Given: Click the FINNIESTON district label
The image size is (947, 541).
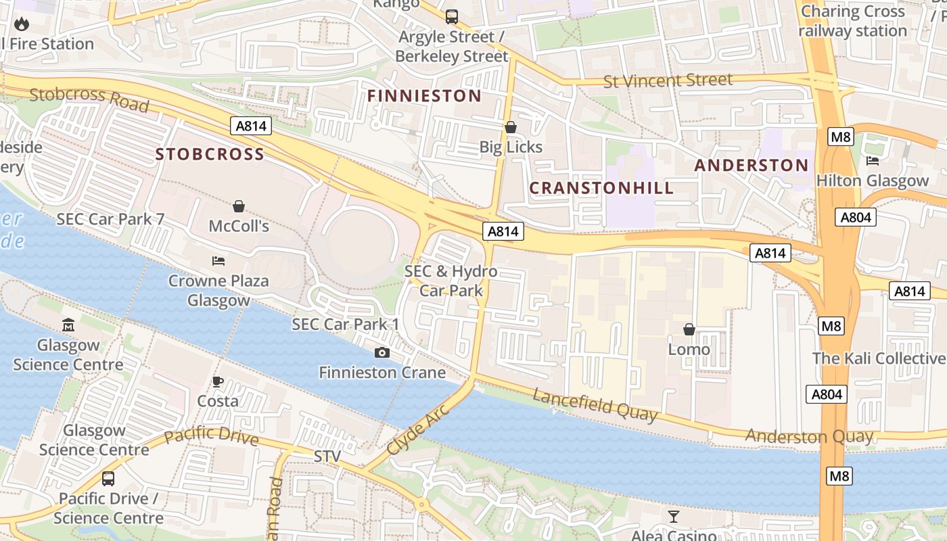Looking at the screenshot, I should [x=424, y=96].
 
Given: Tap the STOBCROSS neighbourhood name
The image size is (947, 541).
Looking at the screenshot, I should [x=210, y=154].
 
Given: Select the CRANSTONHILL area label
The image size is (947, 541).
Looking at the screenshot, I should [x=601, y=188].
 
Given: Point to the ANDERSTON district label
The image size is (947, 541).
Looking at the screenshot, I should [x=751, y=166].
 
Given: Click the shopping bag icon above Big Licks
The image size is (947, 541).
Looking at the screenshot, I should [x=511, y=127].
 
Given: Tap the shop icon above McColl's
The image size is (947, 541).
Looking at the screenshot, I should [x=238, y=206].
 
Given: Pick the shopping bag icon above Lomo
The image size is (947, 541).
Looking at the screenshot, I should [x=689, y=329].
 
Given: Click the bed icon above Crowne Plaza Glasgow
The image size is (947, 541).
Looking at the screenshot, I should [x=218, y=260].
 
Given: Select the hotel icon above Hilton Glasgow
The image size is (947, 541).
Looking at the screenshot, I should [x=873, y=161].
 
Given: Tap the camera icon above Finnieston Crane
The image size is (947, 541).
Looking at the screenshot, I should [x=382, y=352].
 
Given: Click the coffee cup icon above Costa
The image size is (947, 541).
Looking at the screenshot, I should [x=218, y=381].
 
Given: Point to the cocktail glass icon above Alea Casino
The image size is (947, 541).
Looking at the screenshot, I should [x=673, y=517].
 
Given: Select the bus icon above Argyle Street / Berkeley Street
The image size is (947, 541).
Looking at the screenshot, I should [x=451, y=17].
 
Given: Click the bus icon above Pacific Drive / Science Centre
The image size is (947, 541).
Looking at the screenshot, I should [x=108, y=479].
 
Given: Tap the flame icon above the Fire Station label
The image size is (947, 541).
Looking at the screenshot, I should [x=22, y=24].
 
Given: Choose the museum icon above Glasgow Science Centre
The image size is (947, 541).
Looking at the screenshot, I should [x=68, y=325].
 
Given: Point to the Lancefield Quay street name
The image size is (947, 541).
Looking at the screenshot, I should [x=595, y=405].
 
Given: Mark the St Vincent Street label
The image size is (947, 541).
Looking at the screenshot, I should [x=668, y=80].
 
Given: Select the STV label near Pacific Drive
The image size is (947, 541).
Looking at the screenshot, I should [x=327, y=456].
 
